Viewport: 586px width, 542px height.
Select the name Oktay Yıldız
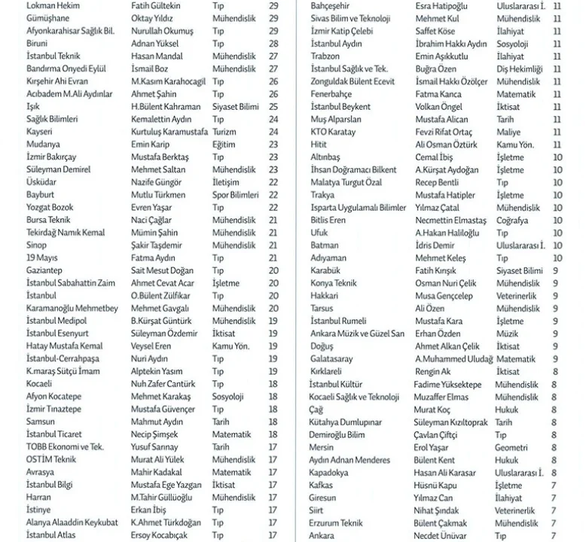click(152, 18)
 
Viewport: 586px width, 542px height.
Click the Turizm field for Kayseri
click(224, 132)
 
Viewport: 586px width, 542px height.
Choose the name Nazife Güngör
click(157, 182)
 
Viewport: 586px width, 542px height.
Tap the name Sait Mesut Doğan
click(163, 270)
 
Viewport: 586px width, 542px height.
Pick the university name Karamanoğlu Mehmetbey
click(72, 308)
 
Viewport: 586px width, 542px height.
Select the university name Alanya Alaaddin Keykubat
click(72, 522)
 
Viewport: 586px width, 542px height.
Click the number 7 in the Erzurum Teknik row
click(554, 522)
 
